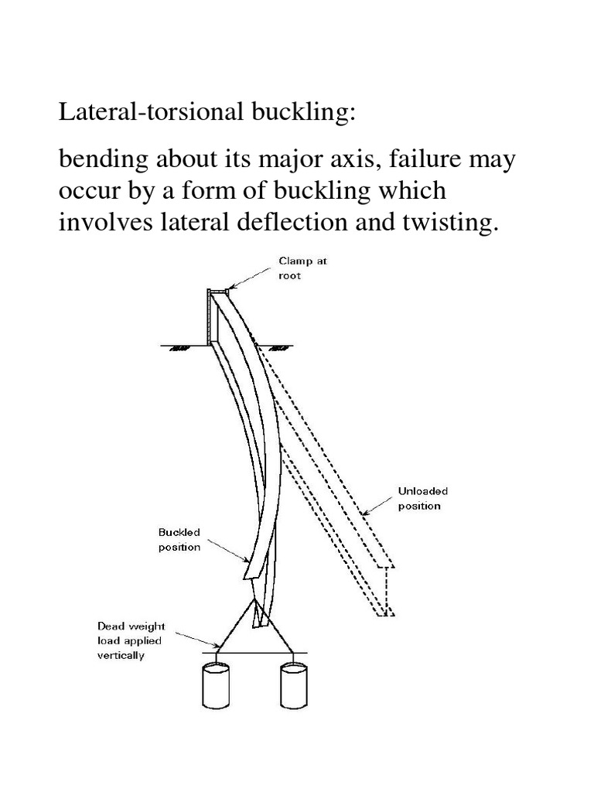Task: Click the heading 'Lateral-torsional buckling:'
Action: click(x=208, y=113)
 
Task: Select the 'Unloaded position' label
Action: click(x=422, y=498)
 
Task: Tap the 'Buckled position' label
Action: click(x=179, y=540)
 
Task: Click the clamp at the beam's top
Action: click(x=218, y=292)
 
